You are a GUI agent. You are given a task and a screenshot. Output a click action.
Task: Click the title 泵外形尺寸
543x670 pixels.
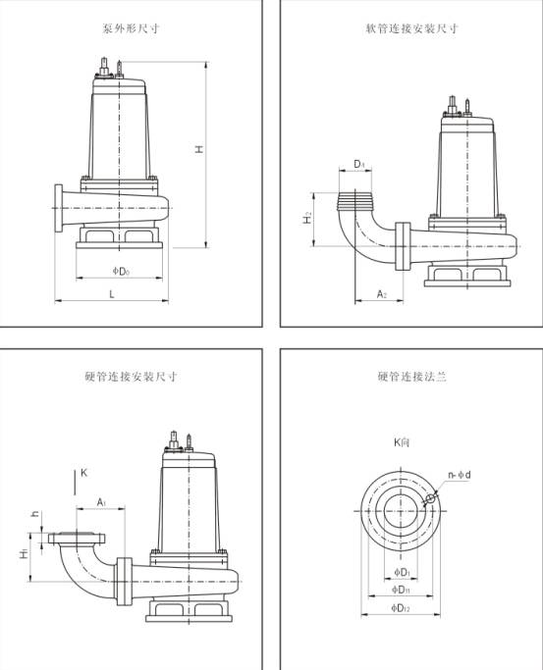131,28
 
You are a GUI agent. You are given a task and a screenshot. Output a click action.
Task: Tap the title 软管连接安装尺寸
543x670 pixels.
412,28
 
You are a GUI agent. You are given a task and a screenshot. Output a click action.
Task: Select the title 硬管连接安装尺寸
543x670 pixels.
132,377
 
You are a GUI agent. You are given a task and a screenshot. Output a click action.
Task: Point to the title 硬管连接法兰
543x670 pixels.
412,377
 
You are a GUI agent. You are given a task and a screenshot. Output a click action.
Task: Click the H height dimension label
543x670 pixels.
199,149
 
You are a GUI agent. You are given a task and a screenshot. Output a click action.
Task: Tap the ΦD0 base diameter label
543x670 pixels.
121,271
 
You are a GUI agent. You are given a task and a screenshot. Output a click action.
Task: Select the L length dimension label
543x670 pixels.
112,294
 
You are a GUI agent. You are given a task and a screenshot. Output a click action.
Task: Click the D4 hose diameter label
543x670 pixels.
359,164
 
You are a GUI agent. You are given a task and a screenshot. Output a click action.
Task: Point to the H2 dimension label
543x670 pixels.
307,218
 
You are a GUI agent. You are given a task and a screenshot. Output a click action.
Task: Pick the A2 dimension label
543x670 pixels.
382,294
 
